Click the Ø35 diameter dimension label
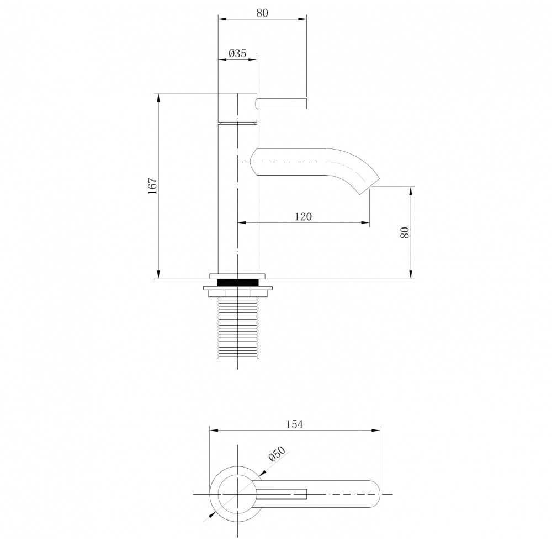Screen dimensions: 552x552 tap(237, 54)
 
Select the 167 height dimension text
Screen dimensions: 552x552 tap(152, 186)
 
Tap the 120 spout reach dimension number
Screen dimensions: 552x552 tap(303, 216)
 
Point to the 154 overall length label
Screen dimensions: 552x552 tap(294, 424)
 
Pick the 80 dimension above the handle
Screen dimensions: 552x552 tap(262, 13)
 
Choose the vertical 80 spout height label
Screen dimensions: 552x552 tap(405, 232)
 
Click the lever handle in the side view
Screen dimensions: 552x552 tap(282, 104)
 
